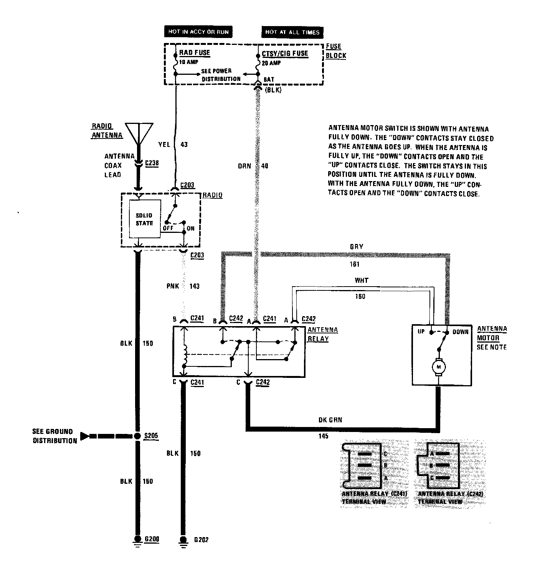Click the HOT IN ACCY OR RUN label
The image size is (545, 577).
198,31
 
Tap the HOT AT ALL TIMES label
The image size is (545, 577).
292,32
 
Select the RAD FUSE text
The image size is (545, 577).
195,53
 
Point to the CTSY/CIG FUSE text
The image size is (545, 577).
285,53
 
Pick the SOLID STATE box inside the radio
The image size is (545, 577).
144,219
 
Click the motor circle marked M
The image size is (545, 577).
438,367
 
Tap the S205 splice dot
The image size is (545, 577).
137,436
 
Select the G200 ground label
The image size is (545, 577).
152,539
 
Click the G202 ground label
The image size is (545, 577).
201,540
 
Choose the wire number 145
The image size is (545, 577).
323,436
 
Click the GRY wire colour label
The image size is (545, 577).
356,247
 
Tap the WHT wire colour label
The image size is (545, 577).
361,280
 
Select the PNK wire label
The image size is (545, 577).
172,286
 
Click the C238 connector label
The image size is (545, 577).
152,163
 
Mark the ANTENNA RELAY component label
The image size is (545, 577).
323,334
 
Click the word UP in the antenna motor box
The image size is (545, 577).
421,331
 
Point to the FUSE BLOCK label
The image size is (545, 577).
335,51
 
